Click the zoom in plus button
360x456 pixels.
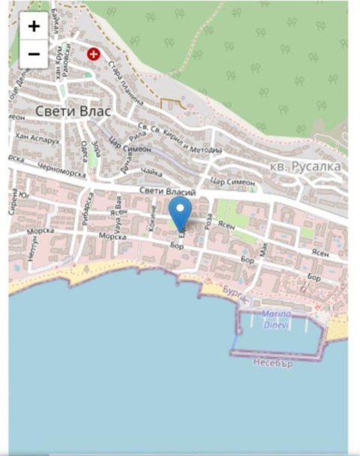pos(34,26)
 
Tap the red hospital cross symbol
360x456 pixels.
pos(94,54)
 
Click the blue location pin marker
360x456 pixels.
pos(180,214)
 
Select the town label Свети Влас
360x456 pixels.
pos(73,111)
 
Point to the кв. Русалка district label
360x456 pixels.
pos(305,166)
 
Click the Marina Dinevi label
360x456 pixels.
pos(277,319)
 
